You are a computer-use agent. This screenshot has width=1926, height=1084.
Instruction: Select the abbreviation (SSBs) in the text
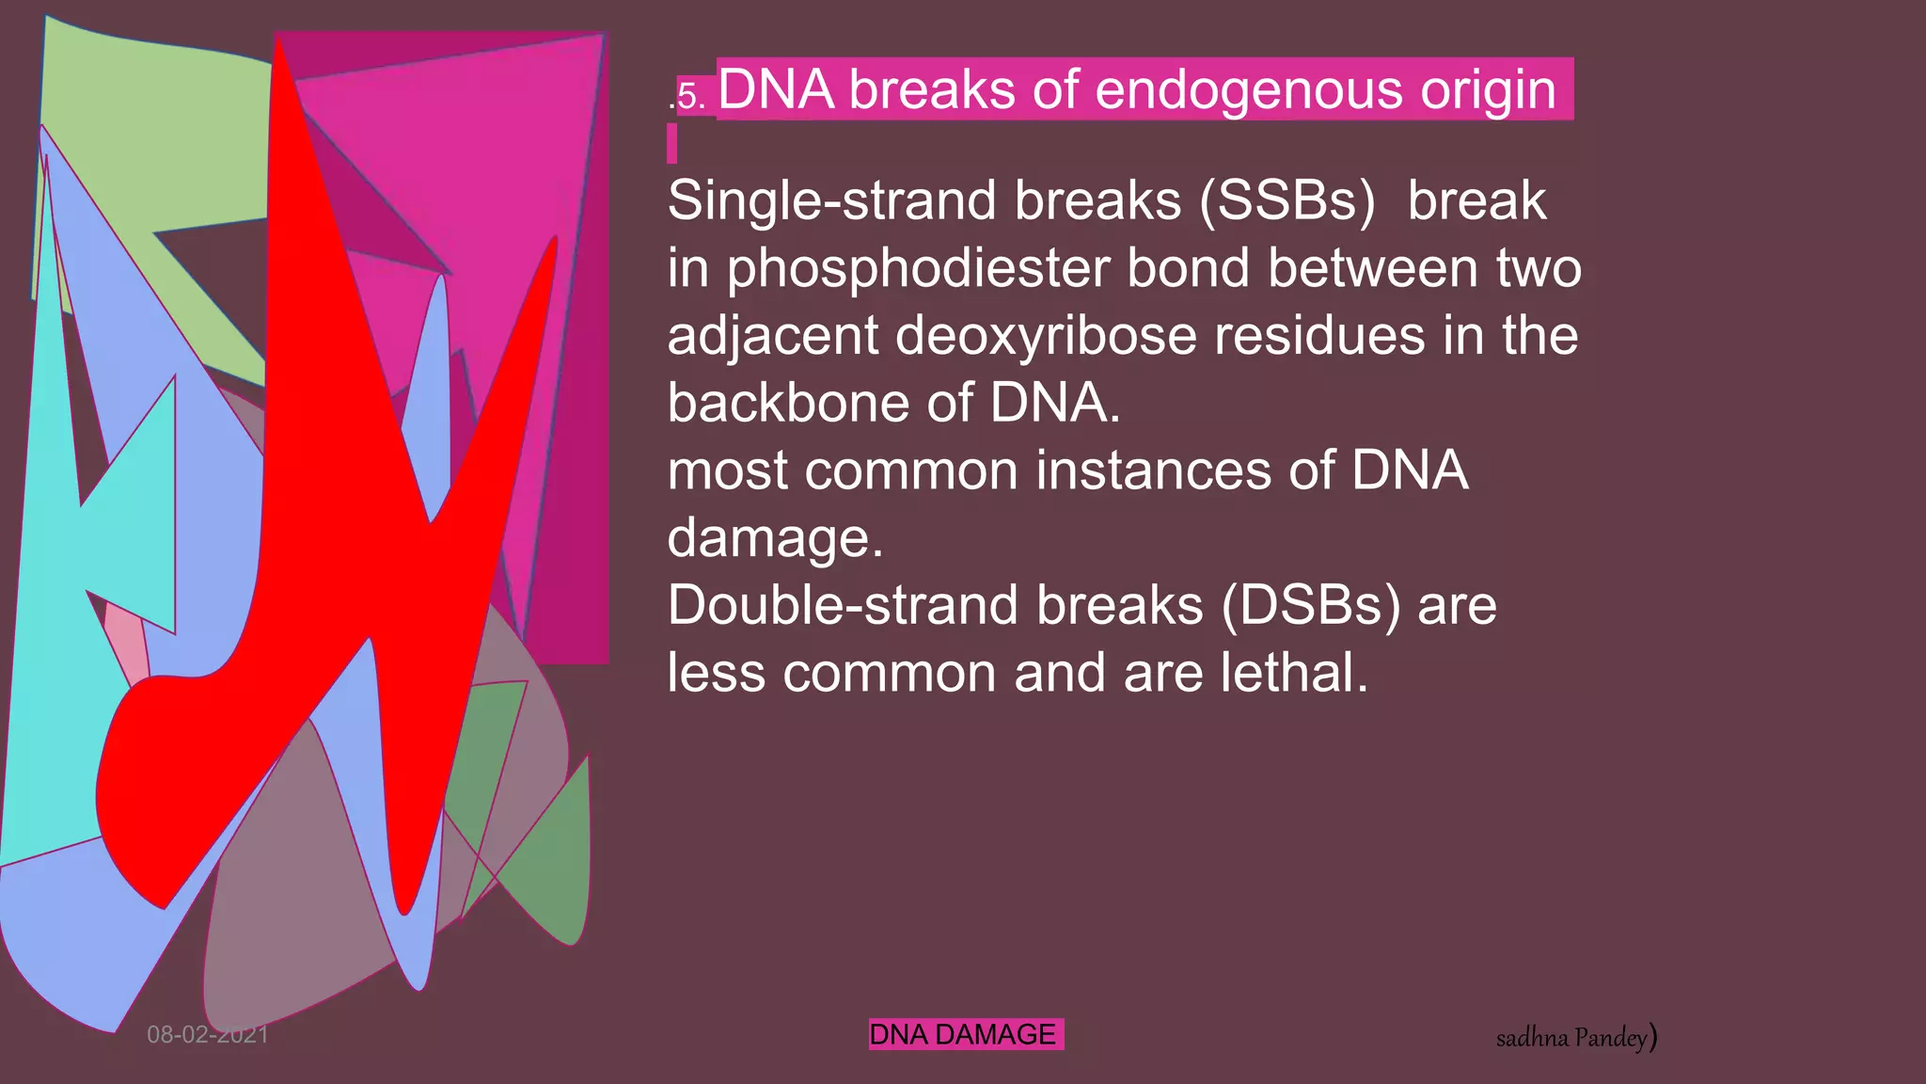(x=1287, y=200)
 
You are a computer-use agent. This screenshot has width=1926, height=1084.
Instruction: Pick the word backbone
(x=787, y=403)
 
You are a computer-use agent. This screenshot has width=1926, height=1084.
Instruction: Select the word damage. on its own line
(x=775, y=538)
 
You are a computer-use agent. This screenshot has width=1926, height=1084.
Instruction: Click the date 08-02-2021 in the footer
(x=208, y=1035)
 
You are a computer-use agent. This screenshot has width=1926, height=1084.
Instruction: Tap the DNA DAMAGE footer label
(x=963, y=1034)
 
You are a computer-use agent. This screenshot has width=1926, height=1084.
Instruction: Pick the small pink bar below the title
(x=671, y=144)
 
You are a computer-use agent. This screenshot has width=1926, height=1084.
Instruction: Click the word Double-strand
(x=841, y=605)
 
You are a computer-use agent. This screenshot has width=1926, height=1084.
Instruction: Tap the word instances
(x=1152, y=470)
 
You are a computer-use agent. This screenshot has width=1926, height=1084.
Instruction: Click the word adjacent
(x=772, y=336)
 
